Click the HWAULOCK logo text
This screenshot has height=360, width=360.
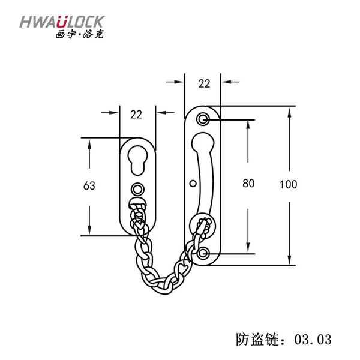[x=62, y=22]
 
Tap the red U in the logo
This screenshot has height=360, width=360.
[x=62, y=22]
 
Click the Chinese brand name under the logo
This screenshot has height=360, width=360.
[x=80, y=34]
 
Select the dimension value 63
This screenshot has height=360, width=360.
[x=89, y=185]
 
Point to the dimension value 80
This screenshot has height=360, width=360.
[x=248, y=184]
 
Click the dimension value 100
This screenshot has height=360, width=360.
[x=289, y=184]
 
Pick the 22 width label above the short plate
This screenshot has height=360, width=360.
[x=136, y=115]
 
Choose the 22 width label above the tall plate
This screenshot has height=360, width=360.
[x=204, y=83]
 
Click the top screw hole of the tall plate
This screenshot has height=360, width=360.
[x=203, y=119]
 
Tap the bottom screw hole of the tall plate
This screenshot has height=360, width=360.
[x=203, y=253]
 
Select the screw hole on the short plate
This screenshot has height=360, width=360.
[x=137, y=190]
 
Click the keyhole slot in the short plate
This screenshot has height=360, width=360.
[x=138, y=160]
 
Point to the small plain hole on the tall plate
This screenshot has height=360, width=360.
[x=193, y=184]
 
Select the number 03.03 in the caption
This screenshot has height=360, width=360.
[x=313, y=340]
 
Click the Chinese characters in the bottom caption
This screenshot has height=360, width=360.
[x=257, y=340]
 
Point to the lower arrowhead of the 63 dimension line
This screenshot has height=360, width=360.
[x=89, y=229]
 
